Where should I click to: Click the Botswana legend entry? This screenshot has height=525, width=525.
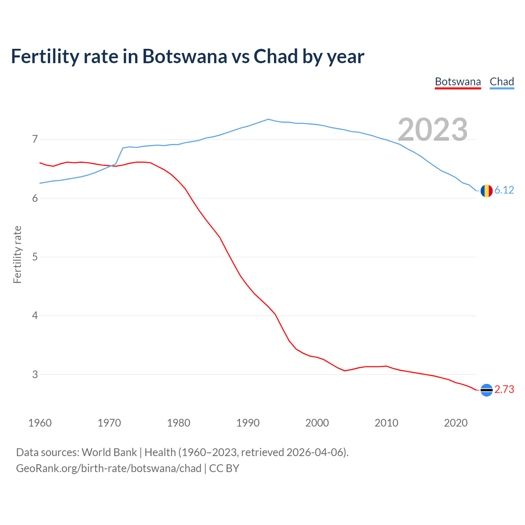[x=458, y=82]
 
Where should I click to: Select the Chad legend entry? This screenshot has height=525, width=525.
[x=502, y=82]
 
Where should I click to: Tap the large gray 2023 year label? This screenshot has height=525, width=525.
[x=433, y=130]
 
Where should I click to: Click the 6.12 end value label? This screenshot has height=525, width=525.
[x=504, y=190]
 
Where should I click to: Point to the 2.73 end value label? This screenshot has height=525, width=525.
[x=504, y=389]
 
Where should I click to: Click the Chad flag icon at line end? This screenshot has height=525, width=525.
[x=486, y=191]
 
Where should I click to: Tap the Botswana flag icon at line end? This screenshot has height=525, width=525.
[x=486, y=390]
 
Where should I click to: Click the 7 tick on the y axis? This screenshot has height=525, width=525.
[x=34, y=139]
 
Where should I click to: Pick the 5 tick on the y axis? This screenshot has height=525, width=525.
[x=34, y=257]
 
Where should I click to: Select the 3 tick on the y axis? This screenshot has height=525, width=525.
[x=34, y=374]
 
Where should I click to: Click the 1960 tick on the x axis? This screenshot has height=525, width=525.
[x=40, y=423]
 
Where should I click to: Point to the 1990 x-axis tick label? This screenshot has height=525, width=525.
[x=248, y=423]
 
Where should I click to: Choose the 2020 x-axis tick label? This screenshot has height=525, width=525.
[x=456, y=423]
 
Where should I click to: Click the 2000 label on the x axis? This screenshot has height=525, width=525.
[x=317, y=423]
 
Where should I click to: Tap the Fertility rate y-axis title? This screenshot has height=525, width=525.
[x=17, y=254]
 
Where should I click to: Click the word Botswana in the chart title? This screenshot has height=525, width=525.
[x=185, y=57]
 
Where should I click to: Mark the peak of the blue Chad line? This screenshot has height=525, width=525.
[x=268, y=119]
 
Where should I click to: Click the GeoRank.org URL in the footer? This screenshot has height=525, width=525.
[x=109, y=468]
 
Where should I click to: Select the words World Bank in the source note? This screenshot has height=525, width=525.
[x=109, y=452]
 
